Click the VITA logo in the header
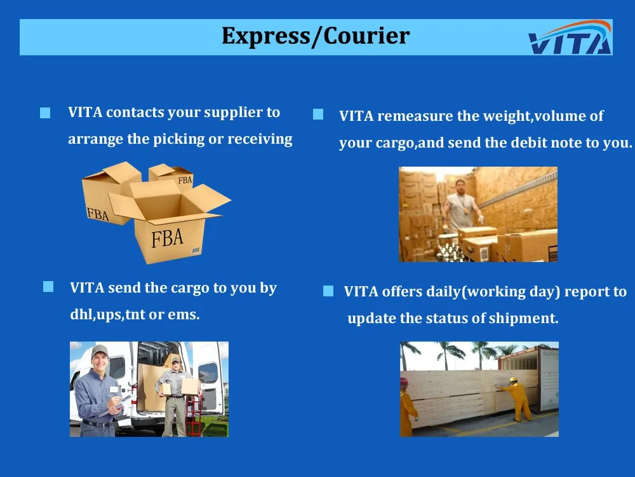tap(570, 38)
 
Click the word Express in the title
tap(265, 36)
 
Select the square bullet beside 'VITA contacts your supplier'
tap(45, 113)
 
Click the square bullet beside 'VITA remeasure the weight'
tap(318, 114)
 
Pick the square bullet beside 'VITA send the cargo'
tap(48, 286)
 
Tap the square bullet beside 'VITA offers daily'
tap(328, 291)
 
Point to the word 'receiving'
tap(260, 139)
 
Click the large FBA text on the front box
tap(167, 238)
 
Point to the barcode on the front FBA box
tap(196, 251)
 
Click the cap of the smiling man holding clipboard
tap(99, 350)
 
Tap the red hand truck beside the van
tap(193, 415)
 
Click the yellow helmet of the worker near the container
tap(513, 380)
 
